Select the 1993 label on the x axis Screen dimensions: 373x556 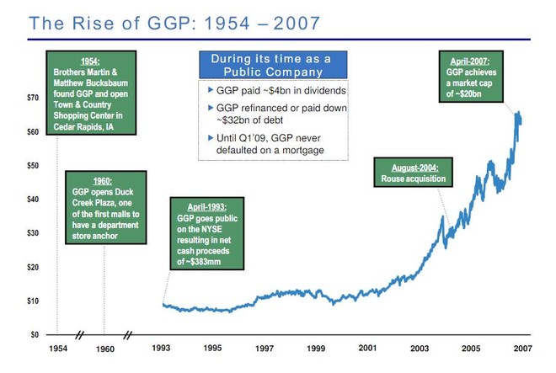163,348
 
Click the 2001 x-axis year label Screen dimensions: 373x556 367,348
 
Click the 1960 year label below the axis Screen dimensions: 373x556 104,348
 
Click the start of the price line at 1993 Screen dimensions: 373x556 163,304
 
